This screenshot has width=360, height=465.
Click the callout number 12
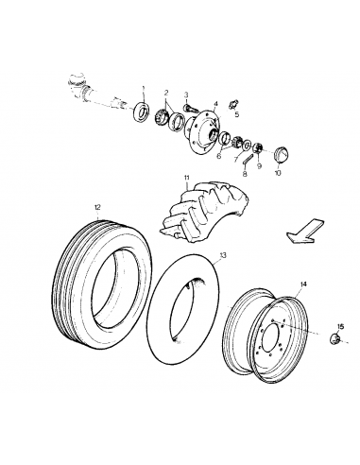tap(96, 206)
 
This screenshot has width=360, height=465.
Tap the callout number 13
tap(224, 255)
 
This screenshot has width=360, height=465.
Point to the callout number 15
tap(341, 326)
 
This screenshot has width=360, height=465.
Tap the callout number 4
tap(215, 103)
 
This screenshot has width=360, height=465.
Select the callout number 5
tap(236, 114)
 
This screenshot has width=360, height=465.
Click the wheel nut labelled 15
tap(337, 338)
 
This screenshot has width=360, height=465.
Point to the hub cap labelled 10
tap(281, 153)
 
